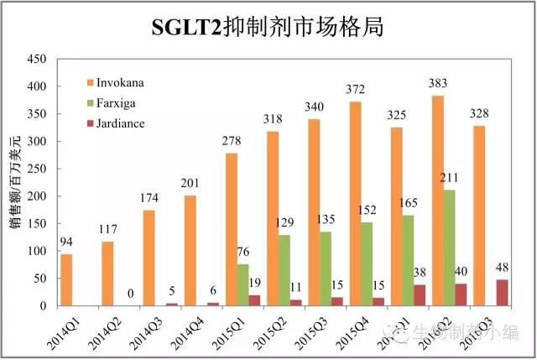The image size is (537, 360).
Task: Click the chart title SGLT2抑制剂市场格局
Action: [268, 27]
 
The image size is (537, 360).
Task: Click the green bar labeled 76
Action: [242, 285]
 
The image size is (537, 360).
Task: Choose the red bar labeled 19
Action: [254, 300]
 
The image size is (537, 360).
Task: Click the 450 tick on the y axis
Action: [35, 59]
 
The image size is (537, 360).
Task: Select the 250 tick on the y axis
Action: [35, 169]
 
